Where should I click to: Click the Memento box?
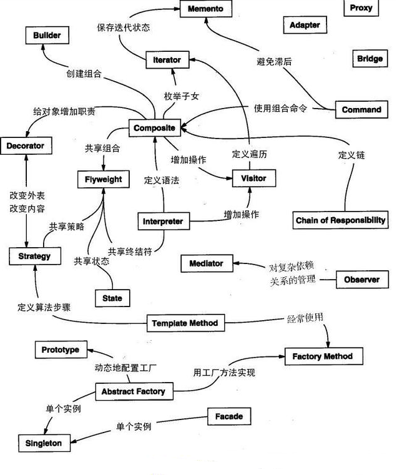tap(205, 9)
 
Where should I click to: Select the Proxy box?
tap(361, 8)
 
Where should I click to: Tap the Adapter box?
tap(305, 26)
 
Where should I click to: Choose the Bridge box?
tap(370, 59)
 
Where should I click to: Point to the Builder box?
tap(47, 36)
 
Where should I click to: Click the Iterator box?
tap(167, 60)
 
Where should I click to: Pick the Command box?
tap(361, 110)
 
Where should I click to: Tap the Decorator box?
tap(26, 147)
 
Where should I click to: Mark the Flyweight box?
tap(104, 180)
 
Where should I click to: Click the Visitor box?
tap(253, 179)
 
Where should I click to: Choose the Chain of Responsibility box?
tap(341, 220)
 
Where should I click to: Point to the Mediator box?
tap(206, 263)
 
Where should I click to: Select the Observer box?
tap(361, 280)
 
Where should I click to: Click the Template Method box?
tap(185, 323)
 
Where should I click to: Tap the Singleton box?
tap(44, 443)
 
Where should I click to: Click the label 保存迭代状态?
tap(124, 27)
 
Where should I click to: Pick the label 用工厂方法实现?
tap(224, 373)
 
